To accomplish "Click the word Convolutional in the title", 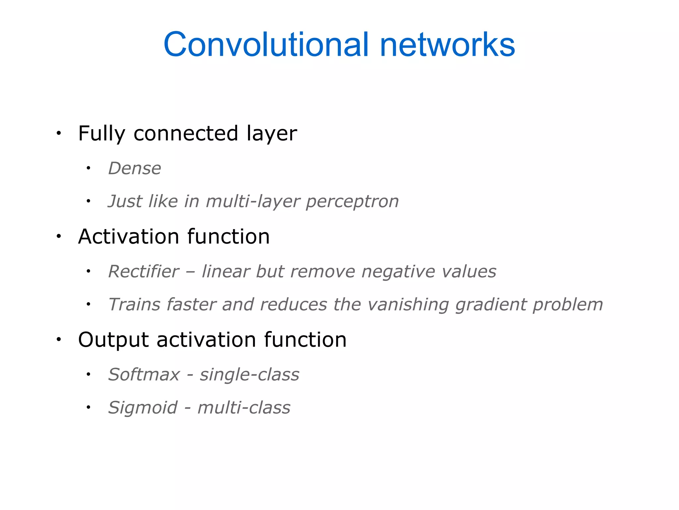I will (x=265, y=45).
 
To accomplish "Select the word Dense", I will (x=135, y=168).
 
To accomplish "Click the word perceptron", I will (x=352, y=202).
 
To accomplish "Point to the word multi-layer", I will (x=253, y=202).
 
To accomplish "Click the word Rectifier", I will (x=144, y=272).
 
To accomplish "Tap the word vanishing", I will (x=408, y=305).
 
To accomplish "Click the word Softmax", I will (x=144, y=375).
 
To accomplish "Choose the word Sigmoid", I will (x=143, y=408).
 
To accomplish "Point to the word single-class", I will (x=249, y=375).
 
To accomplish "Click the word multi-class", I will (x=244, y=408).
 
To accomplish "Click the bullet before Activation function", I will (x=59, y=236).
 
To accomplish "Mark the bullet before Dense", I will (x=88, y=168).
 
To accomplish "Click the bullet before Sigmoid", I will (x=88, y=407).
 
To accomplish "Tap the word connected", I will (x=186, y=133).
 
